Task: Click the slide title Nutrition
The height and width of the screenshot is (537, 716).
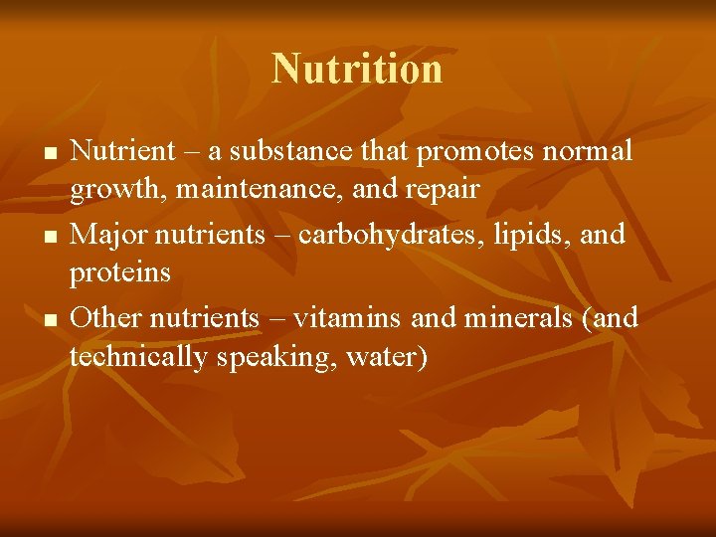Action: pyautogui.click(x=357, y=69)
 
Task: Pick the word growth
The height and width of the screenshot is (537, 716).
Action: pyautogui.click(x=107, y=189)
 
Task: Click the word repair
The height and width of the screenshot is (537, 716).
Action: pyautogui.click(x=441, y=189)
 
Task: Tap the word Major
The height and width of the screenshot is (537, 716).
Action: pyautogui.click(x=108, y=235)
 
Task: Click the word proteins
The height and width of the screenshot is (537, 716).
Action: pyautogui.click(x=120, y=271)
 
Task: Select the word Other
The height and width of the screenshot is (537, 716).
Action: pyautogui.click(x=107, y=317)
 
